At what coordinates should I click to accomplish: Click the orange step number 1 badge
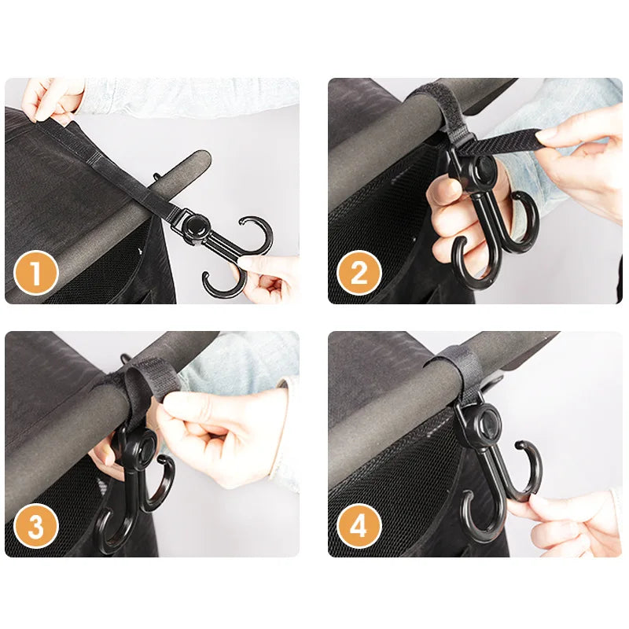click(36, 273)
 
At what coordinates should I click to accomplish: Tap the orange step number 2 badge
click(359, 273)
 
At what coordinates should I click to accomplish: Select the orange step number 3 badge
click(36, 526)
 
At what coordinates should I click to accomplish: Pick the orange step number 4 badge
click(359, 526)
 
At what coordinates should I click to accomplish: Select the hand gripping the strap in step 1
click(51, 98)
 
